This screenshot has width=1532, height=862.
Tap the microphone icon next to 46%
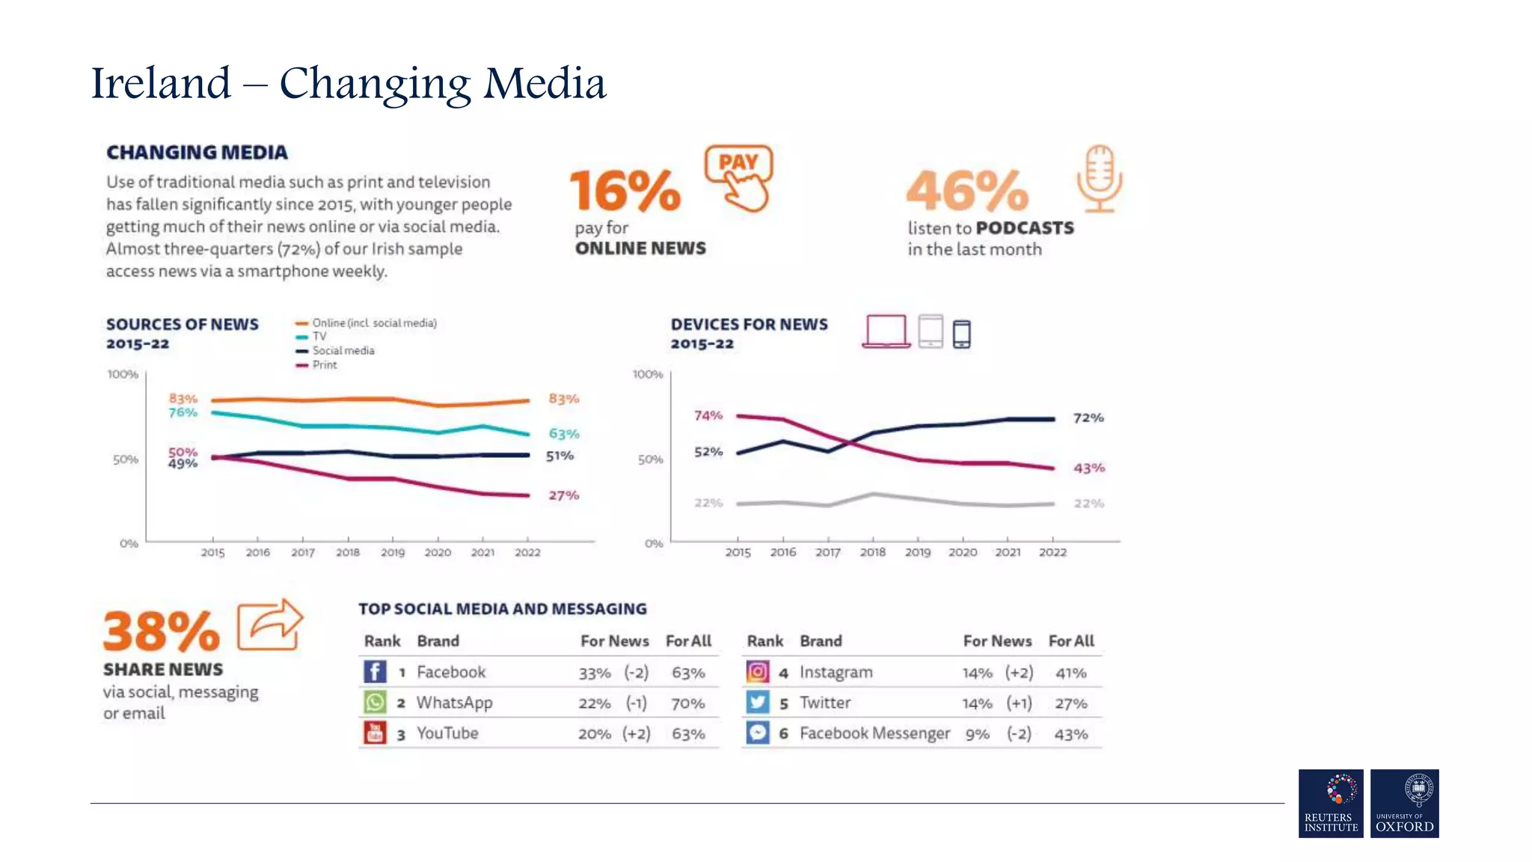[x=1099, y=178]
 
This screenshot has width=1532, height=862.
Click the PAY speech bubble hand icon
[x=739, y=177]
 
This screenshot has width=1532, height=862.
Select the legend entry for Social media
[x=343, y=350]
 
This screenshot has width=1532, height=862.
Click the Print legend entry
[x=324, y=364]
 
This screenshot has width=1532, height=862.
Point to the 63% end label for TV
[x=563, y=434]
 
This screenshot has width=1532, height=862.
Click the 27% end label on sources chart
[x=563, y=495]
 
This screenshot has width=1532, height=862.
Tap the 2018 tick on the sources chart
[x=347, y=552]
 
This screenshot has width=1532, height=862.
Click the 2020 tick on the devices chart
[x=962, y=552]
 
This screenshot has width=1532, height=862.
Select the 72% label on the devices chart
[x=1088, y=418]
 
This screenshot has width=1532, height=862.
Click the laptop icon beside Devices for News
[x=886, y=331]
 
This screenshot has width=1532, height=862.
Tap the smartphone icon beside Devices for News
[x=962, y=334]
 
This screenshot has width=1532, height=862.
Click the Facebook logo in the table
[x=375, y=671]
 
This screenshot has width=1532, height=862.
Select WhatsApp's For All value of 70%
[x=687, y=703]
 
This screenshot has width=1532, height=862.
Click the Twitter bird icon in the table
[x=757, y=703]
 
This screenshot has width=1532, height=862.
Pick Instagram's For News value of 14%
[x=977, y=673]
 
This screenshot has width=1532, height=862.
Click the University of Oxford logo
[x=1404, y=803]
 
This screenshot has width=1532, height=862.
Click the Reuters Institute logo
[x=1331, y=803]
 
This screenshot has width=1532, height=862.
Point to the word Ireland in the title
[x=161, y=83]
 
